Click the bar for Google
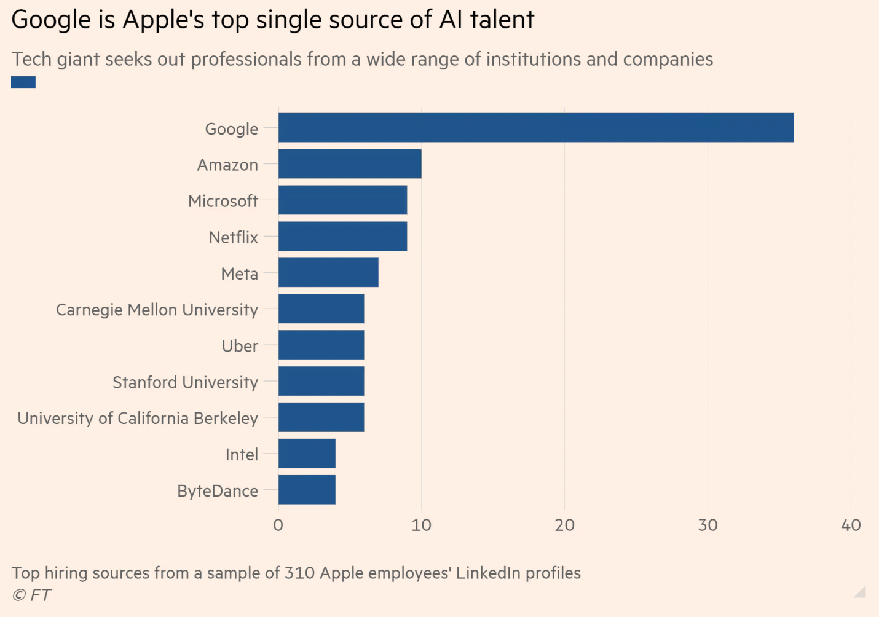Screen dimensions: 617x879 tap(535, 128)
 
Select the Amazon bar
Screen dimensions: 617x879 tap(350, 164)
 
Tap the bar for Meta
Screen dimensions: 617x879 tap(328, 273)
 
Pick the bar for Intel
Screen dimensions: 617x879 tap(307, 454)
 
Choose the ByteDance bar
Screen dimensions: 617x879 tap(307, 490)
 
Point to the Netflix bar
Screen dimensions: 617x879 tap(342, 237)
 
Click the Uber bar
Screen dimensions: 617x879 tap(321, 345)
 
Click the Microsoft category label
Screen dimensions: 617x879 tap(223, 201)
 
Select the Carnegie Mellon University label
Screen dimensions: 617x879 tap(157, 310)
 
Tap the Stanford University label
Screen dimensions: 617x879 tap(185, 382)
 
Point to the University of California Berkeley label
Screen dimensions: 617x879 tap(138, 419)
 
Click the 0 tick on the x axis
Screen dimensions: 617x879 tap(278, 525)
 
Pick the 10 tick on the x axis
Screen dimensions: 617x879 tap(422, 525)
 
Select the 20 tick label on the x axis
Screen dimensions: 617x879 tap(564, 525)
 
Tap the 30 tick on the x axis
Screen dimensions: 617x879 tap(708, 525)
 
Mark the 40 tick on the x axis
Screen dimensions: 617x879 tap(851, 525)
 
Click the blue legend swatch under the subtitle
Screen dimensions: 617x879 tap(23, 82)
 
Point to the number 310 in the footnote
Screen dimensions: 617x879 tap(299, 573)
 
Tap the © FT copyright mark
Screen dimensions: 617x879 tap(31, 595)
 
